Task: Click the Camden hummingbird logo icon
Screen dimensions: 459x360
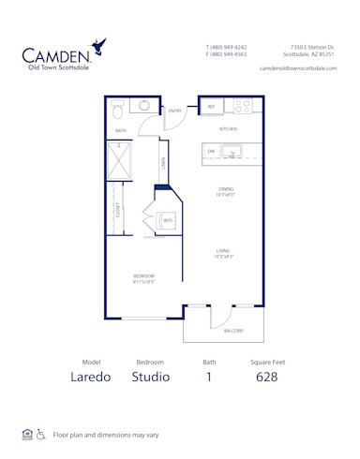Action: (x=97, y=43)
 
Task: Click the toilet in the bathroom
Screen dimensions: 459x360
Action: (x=118, y=111)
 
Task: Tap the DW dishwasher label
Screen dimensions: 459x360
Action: (x=212, y=150)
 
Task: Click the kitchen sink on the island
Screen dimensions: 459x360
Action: (x=233, y=150)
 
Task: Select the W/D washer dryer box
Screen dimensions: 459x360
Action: (x=168, y=220)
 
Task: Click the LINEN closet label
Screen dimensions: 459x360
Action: (x=163, y=164)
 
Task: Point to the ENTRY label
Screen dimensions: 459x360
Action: (x=175, y=111)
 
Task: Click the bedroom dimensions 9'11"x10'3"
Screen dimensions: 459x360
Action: (x=143, y=281)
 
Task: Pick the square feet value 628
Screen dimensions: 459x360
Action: (x=265, y=378)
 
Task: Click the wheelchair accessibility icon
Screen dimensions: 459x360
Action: (x=39, y=434)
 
